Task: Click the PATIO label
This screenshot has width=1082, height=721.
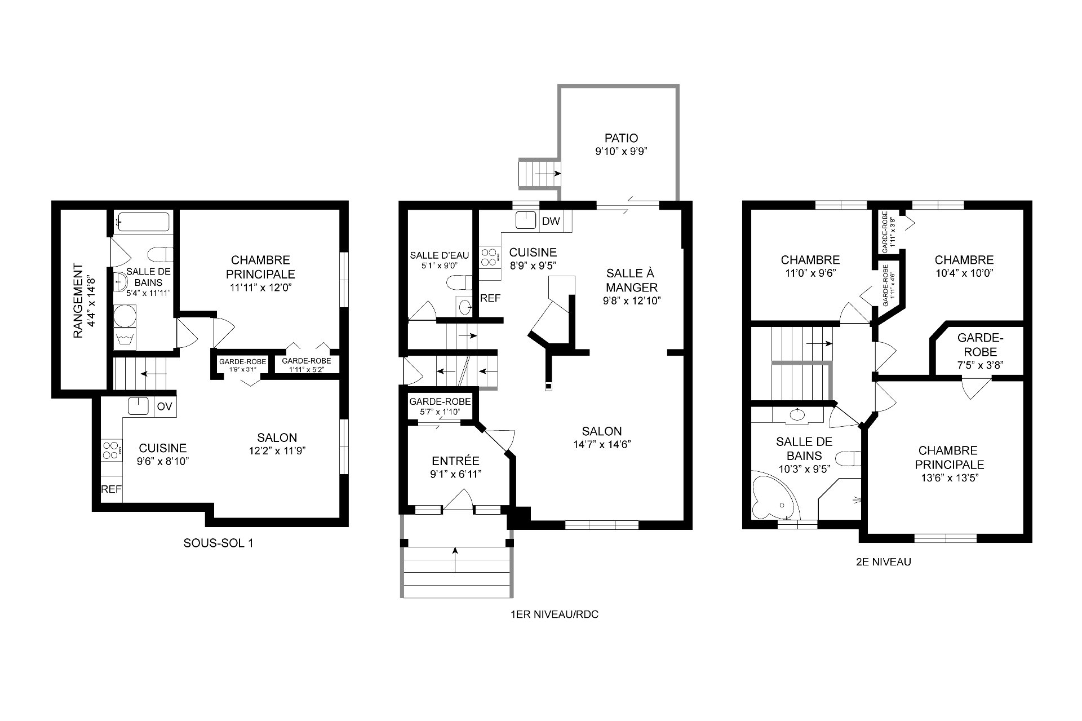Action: point(621,138)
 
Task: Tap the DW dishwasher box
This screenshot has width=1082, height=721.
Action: point(551,221)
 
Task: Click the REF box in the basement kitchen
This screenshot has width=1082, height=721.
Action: point(111,489)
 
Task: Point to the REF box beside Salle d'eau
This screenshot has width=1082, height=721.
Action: point(490,298)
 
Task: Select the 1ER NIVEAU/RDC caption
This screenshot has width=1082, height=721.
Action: point(553,614)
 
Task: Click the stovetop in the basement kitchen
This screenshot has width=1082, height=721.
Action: point(111,450)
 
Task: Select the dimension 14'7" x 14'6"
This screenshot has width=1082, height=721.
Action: point(602,444)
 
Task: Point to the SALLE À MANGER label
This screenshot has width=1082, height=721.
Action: point(631,280)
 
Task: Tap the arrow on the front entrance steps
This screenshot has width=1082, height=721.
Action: point(454,560)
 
